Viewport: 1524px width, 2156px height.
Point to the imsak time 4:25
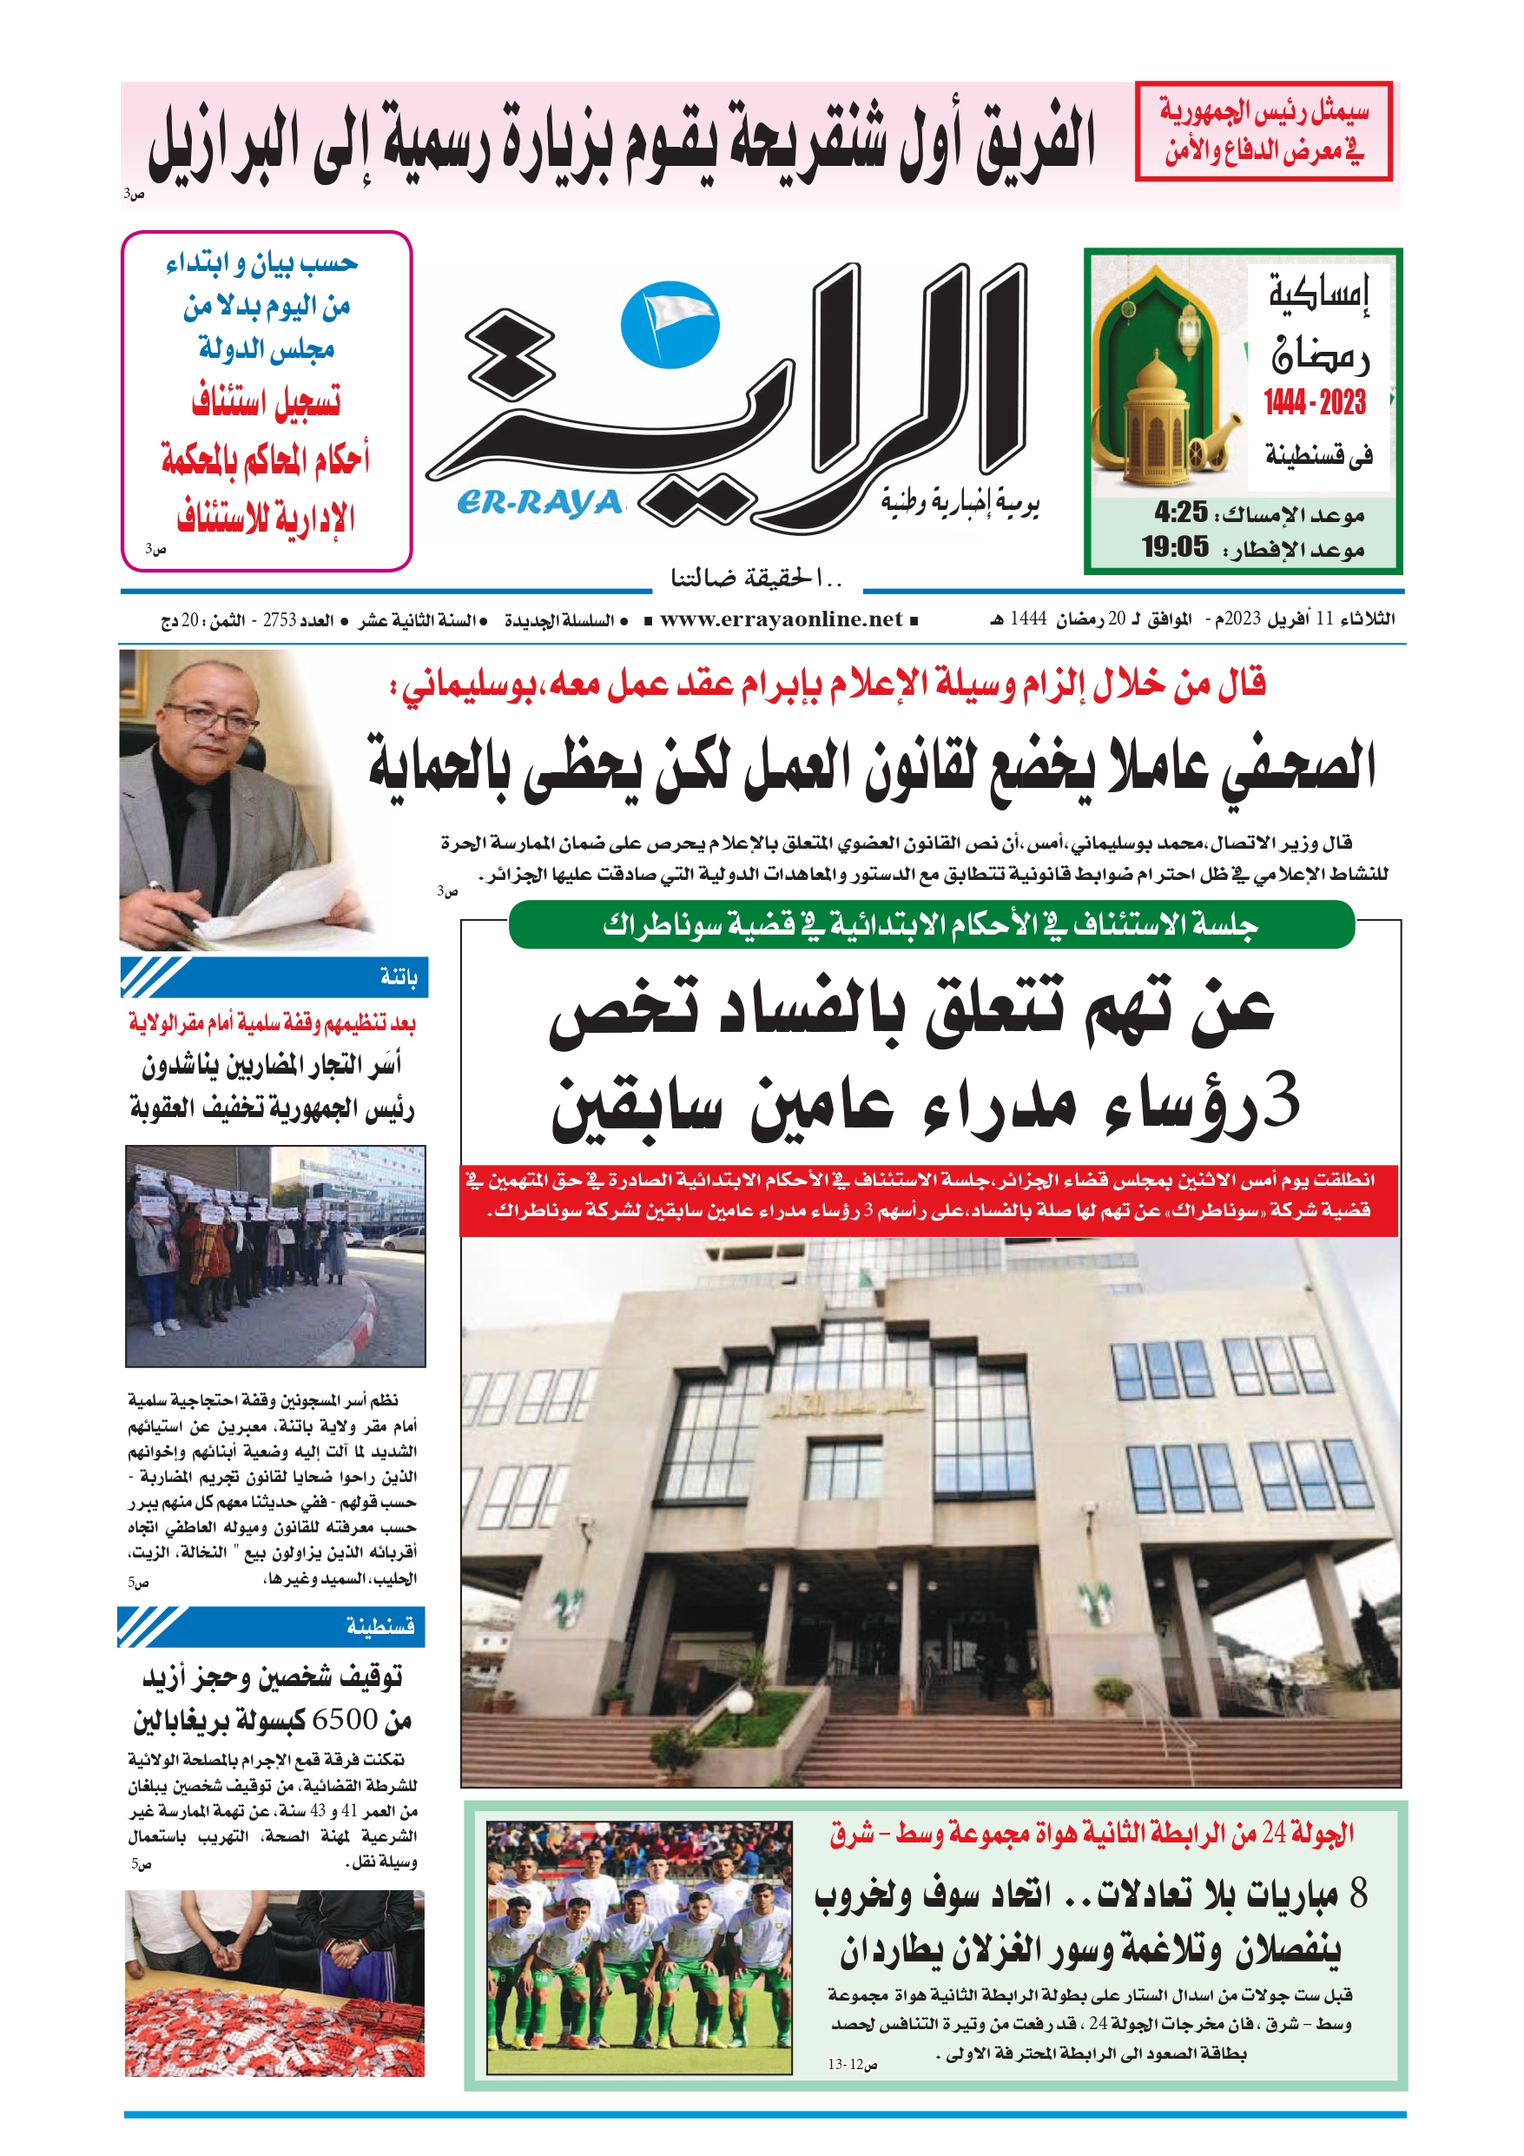tap(1180, 512)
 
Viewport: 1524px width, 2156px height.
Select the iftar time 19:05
tap(1175, 546)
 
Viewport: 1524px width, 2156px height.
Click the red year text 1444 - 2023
tap(1315, 403)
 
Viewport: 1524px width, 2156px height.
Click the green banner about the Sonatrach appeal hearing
tap(931, 925)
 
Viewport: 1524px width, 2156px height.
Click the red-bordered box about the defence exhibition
tap(1263, 130)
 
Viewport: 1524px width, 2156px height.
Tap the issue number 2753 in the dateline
tap(280, 619)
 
